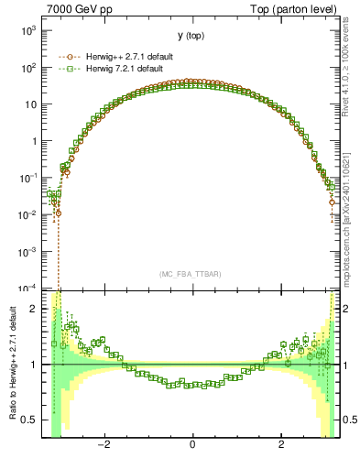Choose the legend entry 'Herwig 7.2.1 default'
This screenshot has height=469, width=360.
point(122,69)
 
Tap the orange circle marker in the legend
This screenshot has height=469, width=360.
point(65,57)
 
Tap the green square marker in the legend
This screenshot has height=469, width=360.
point(65,69)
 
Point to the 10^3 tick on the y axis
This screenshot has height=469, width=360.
point(27,30)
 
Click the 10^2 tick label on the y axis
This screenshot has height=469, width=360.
point(27,67)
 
